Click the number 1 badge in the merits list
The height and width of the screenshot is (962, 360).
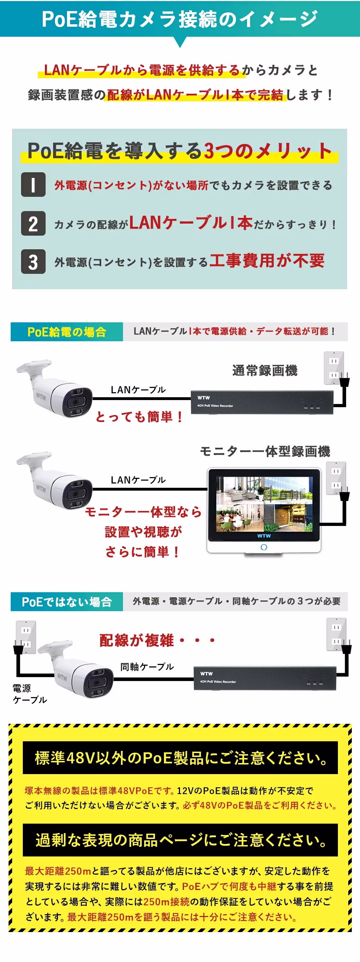click(33, 184)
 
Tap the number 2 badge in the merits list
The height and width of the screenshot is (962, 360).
click(33, 223)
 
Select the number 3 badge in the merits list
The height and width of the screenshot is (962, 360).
click(33, 261)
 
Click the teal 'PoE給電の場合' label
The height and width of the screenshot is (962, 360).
click(67, 332)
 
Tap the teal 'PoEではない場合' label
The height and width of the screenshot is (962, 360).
click(67, 602)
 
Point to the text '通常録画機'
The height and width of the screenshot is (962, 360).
click(265, 370)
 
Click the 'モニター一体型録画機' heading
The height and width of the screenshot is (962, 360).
click(265, 451)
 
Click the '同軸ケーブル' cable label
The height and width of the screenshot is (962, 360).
click(147, 667)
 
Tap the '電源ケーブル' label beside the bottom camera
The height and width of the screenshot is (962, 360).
click(30, 694)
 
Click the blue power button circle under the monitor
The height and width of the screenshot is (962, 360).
click(264, 547)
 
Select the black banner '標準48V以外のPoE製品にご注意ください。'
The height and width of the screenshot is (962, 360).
click(180, 758)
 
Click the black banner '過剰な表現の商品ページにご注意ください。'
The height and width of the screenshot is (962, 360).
click(180, 840)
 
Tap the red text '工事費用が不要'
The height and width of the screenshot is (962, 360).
click(267, 260)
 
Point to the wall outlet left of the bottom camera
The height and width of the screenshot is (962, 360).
click(26, 637)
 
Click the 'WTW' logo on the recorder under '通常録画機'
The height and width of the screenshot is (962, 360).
click(204, 398)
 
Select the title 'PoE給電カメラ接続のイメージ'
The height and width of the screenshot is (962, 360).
click(180, 19)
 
